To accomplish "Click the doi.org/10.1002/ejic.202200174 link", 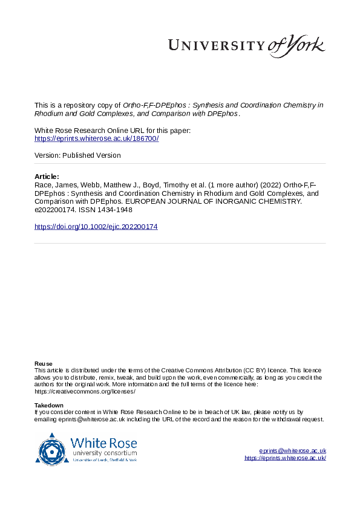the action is click(96, 227).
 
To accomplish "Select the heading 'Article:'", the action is click(47, 177).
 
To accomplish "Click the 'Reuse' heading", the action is click(43, 363).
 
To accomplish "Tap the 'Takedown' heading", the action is click(48, 405).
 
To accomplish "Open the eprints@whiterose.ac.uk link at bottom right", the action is click(293, 451).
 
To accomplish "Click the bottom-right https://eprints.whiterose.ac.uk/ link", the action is click(286, 458).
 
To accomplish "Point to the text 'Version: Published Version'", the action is click(78, 155).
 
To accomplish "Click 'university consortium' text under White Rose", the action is click(104, 453).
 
